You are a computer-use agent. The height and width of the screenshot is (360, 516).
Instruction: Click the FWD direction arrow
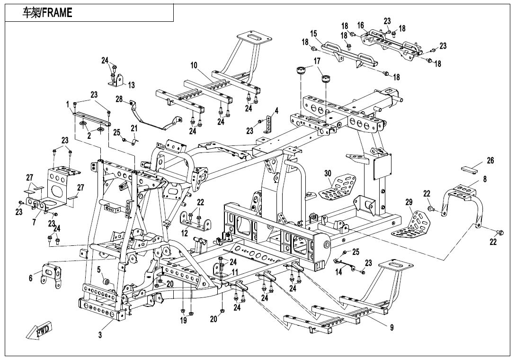click(x=42, y=330)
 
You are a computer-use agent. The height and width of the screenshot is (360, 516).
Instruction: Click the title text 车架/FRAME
click(x=48, y=13)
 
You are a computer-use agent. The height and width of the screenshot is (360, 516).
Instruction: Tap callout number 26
click(x=490, y=161)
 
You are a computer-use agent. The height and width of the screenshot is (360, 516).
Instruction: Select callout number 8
click(x=485, y=180)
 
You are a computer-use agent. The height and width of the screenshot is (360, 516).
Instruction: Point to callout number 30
click(x=328, y=173)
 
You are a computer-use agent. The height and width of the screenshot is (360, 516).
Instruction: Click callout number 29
click(x=409, y=202)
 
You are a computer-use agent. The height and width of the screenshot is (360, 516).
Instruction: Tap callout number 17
click(x=317, y=61)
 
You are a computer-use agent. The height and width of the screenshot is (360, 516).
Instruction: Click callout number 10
click(x=194, y=64)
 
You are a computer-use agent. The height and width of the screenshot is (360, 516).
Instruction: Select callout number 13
click(x=132, y=85)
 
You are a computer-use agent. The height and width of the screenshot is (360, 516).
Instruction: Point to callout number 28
click(x=119, y=99)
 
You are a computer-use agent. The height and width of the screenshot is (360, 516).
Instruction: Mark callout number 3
click(x=100, y=335)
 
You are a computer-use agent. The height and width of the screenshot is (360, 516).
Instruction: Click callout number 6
click(x=31, y=278)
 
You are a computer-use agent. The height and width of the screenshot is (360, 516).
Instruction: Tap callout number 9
click(x=391, y=327)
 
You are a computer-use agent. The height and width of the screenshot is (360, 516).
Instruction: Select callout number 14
click(x=338, y=272)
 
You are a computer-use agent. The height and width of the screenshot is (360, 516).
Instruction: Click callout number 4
click(x=276, y=111)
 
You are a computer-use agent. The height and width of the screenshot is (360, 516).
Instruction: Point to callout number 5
click(x=99, y=270)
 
